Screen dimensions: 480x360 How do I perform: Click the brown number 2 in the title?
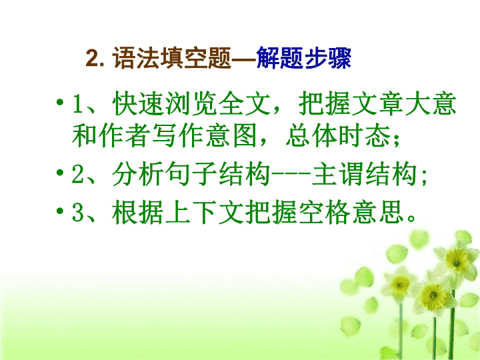(93, 58)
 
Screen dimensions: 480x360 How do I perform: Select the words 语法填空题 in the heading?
(172, 58)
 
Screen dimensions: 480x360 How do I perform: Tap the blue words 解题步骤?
(303, 58)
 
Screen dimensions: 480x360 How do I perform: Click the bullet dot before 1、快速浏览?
(60, 101)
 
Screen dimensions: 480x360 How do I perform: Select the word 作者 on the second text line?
(124, 135)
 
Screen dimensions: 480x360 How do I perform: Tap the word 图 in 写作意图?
(244, 135)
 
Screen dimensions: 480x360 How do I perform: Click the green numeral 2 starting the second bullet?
(77, 174)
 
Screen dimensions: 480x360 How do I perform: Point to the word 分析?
(137, 174)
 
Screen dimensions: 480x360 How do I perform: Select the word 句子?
(191, 174)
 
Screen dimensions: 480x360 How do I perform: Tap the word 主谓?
(337, 174)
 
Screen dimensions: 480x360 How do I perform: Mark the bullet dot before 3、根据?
(60, 211)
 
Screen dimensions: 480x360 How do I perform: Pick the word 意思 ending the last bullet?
(377, 212)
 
